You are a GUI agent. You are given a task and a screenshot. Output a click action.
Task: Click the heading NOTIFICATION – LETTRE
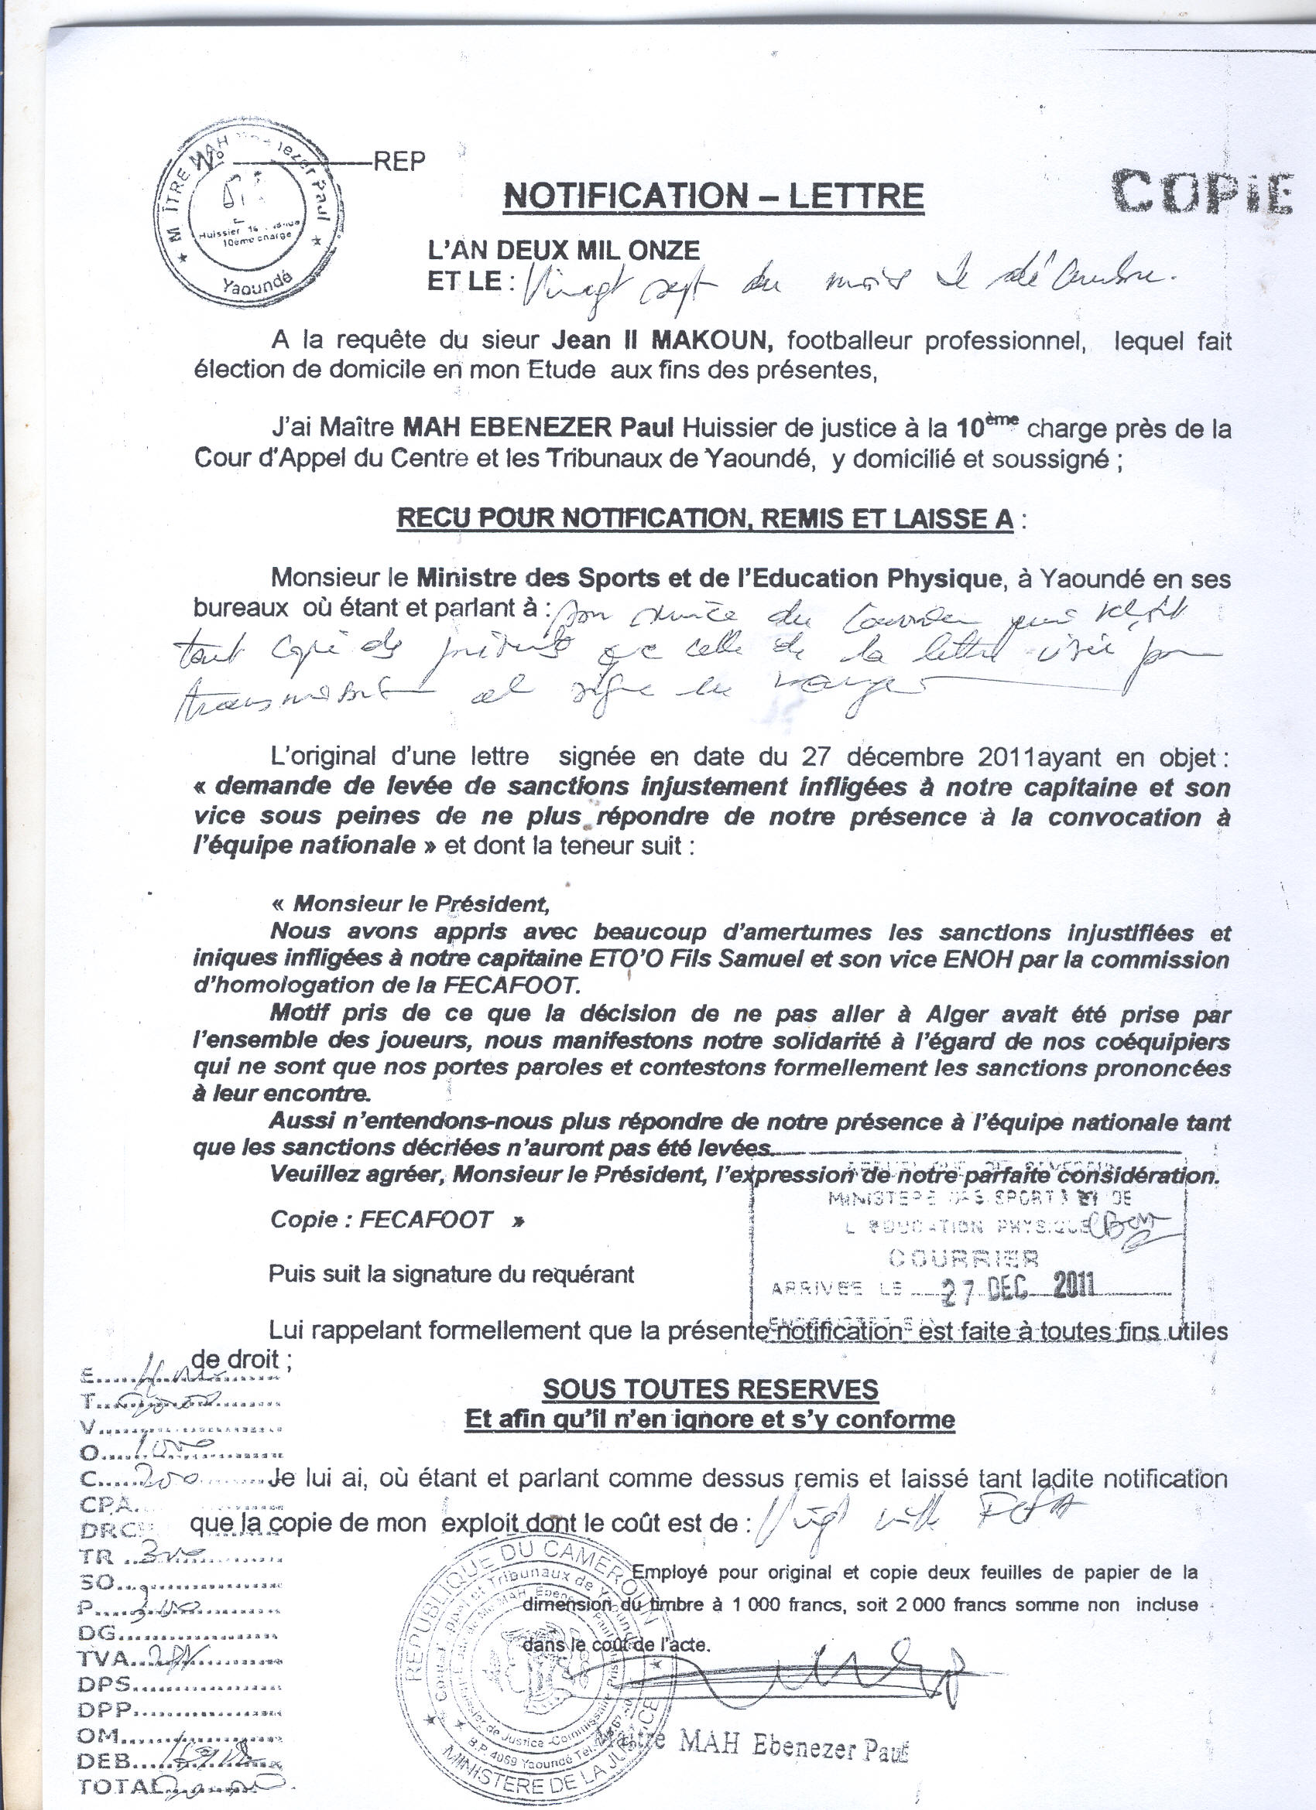(x=713, y=197)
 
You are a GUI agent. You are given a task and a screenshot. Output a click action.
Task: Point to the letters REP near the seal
(x=399, y=161)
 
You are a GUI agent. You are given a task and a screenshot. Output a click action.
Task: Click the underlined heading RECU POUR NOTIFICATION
(x=705, y=520)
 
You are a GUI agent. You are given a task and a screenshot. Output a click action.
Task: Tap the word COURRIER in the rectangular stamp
(x=964, y=1258)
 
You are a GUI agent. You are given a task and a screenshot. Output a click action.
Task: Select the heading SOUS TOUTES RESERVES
(x=710, y=1389)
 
